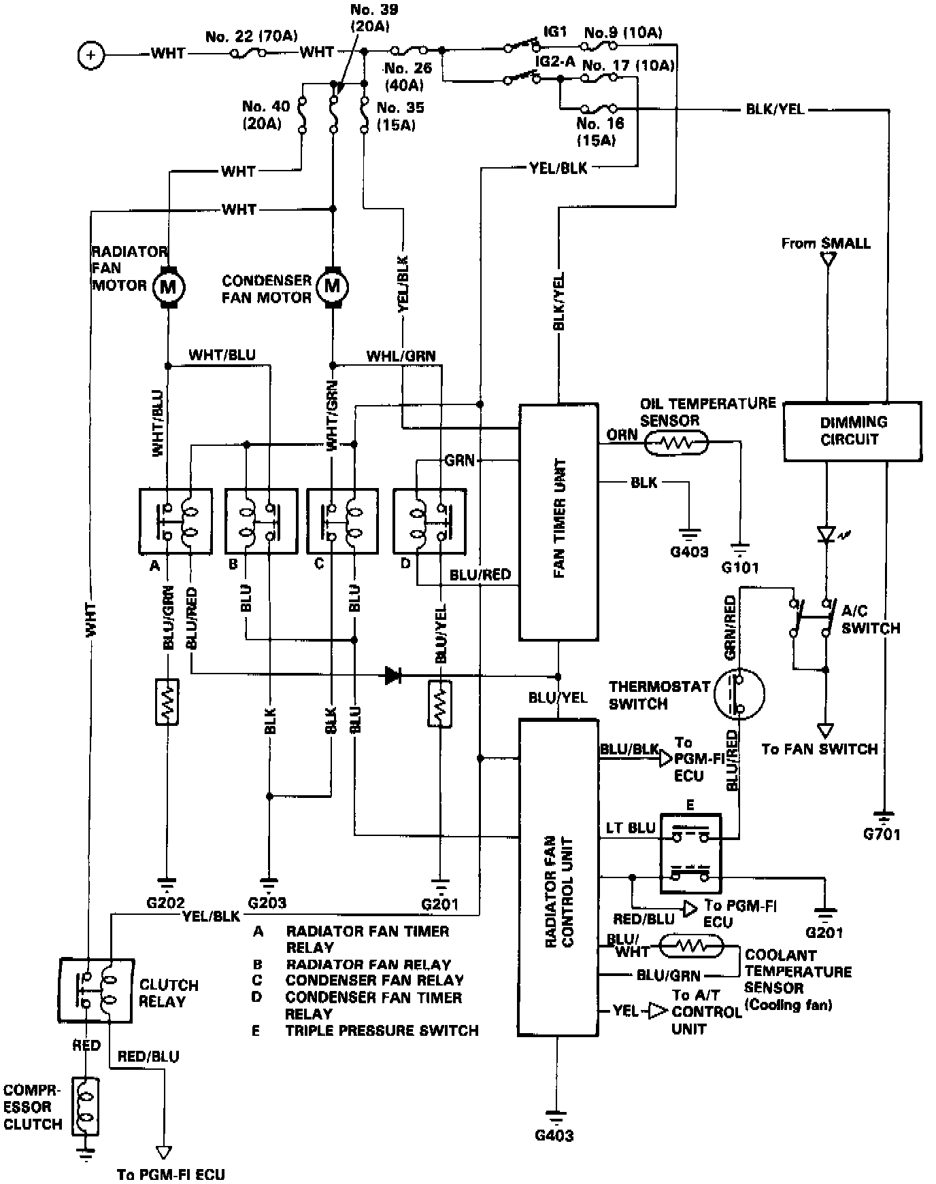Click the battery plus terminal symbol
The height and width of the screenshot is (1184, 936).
point(91,54)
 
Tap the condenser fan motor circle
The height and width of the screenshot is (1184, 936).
point(332,286)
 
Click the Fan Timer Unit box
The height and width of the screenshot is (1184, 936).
point(558,522)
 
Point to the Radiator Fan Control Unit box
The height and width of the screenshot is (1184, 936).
point(558,877)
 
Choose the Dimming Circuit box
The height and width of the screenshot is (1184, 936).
point(852,431)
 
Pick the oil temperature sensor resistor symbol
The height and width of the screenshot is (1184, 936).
point(677,444)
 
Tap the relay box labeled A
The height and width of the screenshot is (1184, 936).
point(175,521)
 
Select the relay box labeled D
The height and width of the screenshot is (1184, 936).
point(429,521)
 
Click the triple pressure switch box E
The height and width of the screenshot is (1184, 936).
point(690,854)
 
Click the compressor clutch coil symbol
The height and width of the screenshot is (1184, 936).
point(87,1107)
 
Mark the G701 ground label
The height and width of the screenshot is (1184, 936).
point(882,834)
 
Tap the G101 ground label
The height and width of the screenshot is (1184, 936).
point(740,567)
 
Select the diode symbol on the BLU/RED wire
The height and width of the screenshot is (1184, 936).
point(392,675)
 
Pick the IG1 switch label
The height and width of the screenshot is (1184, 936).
point(556,32)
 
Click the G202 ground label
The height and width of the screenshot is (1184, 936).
point(165,904)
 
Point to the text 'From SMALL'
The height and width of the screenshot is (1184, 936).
point(826,243)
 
